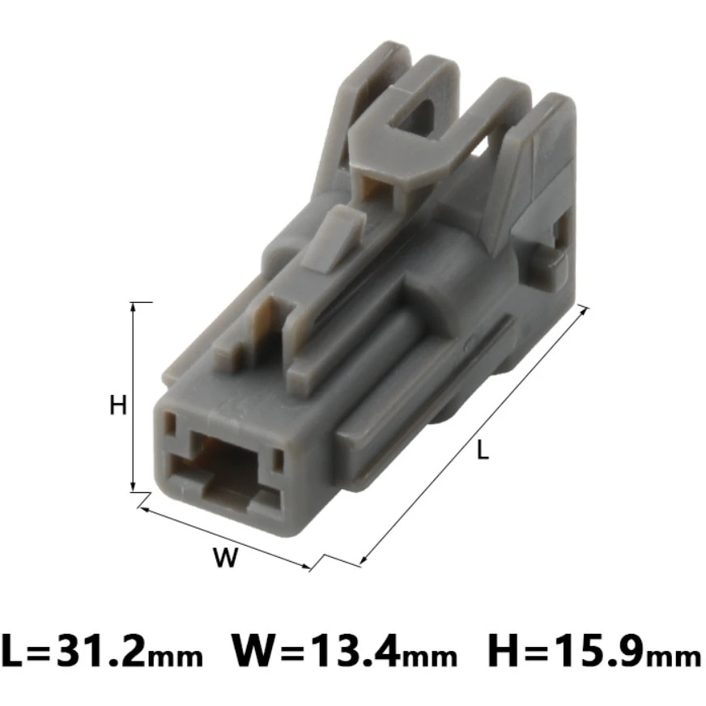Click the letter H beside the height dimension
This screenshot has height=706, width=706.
[119, 405]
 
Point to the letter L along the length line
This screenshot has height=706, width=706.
[483, 450]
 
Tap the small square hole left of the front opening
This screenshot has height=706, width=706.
[171, 422]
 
